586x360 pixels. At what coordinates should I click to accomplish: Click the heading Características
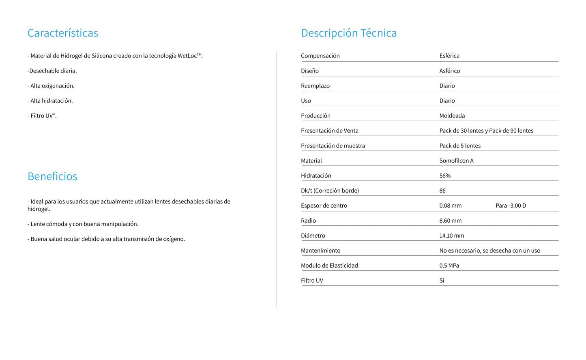63,33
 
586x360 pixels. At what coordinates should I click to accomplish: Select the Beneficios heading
52,176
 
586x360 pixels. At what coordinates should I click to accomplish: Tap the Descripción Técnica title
349,33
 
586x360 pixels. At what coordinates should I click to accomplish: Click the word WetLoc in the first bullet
187,56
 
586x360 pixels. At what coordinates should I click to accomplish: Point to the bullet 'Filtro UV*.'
42,116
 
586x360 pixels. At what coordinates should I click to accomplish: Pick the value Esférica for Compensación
449,56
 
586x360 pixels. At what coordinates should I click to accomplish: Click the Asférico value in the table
449,71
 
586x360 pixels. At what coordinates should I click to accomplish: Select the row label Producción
316,116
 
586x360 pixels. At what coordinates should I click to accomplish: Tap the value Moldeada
452,116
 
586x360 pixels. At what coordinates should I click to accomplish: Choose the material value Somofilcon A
456,161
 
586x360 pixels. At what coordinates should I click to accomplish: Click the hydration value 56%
445,176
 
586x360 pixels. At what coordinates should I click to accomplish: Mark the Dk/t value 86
442,191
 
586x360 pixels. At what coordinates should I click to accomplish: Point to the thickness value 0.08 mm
450,206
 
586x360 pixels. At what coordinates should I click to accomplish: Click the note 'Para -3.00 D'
511,206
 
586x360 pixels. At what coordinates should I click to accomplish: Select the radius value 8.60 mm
450,221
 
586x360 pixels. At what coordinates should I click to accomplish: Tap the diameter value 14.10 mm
451,236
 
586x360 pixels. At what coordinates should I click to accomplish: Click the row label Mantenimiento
320,251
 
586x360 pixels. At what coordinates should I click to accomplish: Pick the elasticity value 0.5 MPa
449,266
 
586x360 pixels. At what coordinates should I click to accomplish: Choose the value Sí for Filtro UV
442,281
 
